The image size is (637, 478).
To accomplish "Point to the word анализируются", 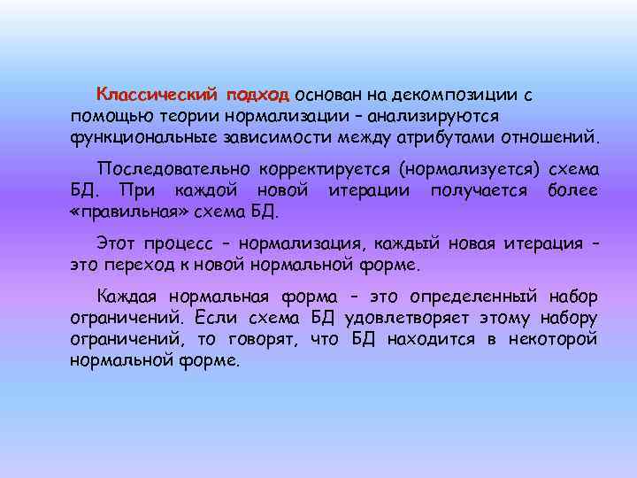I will [x=439, y=116].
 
